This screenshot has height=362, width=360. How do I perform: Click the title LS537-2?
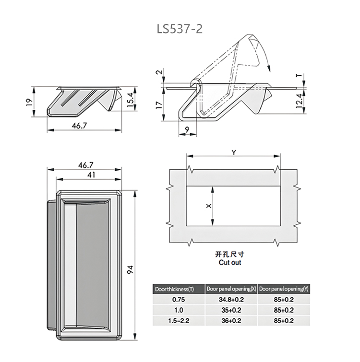(180, 29)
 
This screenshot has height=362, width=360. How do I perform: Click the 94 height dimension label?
(131, 269)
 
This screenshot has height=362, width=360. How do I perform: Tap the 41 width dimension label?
(92, 175)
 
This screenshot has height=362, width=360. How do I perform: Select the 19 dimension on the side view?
(28, 102)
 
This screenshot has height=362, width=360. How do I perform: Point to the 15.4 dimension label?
(130, 100)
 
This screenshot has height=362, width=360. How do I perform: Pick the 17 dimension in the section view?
(159, 105)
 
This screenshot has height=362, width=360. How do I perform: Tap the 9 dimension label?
(187, 130)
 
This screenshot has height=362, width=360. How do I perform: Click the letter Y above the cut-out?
(234, 152)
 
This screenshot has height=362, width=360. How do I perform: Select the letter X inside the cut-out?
(208, 206)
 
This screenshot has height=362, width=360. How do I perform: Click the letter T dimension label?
(299, 76)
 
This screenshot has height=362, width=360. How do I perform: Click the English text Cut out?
(230, 262)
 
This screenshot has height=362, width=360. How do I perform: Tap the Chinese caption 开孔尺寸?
(229, 255)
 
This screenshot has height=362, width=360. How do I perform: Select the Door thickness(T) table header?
(174, 289)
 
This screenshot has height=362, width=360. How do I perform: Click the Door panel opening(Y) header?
(284, 289)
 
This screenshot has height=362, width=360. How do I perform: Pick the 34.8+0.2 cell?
(231, 300)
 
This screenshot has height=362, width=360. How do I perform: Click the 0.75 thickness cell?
(179, 300)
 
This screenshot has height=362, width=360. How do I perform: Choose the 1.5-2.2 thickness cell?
(179, 321)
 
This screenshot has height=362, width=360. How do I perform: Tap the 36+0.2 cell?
(231, 321)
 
